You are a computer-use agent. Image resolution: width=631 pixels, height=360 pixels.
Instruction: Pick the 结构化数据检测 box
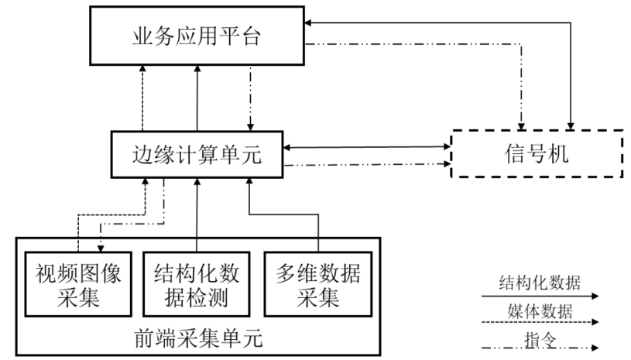click(x=197, y=284)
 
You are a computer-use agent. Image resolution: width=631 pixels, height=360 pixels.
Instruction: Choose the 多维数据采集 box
click(x=317, y=284)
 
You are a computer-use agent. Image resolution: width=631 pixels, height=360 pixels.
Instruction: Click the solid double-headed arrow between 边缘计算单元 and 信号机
click(x=367, y=146)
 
